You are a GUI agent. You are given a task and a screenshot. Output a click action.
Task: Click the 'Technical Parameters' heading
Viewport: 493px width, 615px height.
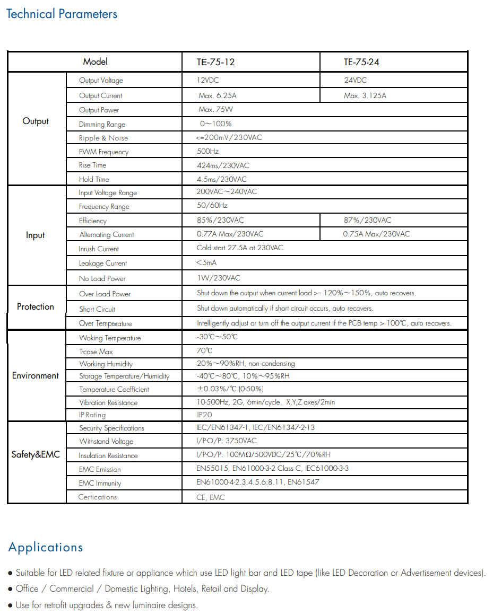point(62,14)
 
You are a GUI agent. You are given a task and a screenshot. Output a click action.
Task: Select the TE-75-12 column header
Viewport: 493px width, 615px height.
point(215,62)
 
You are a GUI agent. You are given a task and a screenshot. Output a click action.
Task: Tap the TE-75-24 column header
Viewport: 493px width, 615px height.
point(361,62)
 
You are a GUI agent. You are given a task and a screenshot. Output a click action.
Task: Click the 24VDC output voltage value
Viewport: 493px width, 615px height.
point(355,81)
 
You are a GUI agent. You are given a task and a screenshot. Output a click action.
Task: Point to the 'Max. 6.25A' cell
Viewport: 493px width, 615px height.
point(218,96)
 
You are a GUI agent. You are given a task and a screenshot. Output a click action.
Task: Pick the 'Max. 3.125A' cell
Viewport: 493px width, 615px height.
point(365,96)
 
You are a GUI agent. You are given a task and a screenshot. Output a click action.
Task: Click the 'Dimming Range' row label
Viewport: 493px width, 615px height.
point(102,125)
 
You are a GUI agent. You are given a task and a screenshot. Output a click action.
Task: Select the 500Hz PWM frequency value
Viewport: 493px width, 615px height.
point(207,152)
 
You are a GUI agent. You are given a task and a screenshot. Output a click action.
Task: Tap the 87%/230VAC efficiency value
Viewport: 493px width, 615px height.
point(367,220)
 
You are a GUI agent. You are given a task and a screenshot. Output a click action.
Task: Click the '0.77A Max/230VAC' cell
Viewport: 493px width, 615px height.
point(230,234)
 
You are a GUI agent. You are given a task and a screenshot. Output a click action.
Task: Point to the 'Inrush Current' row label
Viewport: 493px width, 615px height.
point(99,249)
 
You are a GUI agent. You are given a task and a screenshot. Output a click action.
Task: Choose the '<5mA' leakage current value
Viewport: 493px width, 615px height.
point(206,263)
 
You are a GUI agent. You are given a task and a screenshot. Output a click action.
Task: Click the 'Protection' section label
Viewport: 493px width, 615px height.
point(36,307)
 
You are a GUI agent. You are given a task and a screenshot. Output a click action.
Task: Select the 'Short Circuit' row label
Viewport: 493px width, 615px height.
point(97,309)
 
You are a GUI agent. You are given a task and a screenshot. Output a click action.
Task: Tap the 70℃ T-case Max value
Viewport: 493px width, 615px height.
point(204,351)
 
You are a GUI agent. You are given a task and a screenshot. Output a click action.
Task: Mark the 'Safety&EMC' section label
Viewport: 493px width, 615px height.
point(36,455)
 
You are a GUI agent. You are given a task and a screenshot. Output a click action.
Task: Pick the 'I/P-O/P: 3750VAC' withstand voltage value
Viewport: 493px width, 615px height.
point(227,441)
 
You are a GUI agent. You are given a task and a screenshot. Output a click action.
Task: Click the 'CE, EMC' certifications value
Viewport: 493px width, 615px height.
point(211,497)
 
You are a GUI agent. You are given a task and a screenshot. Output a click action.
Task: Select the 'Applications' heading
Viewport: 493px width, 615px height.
point(46,548)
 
